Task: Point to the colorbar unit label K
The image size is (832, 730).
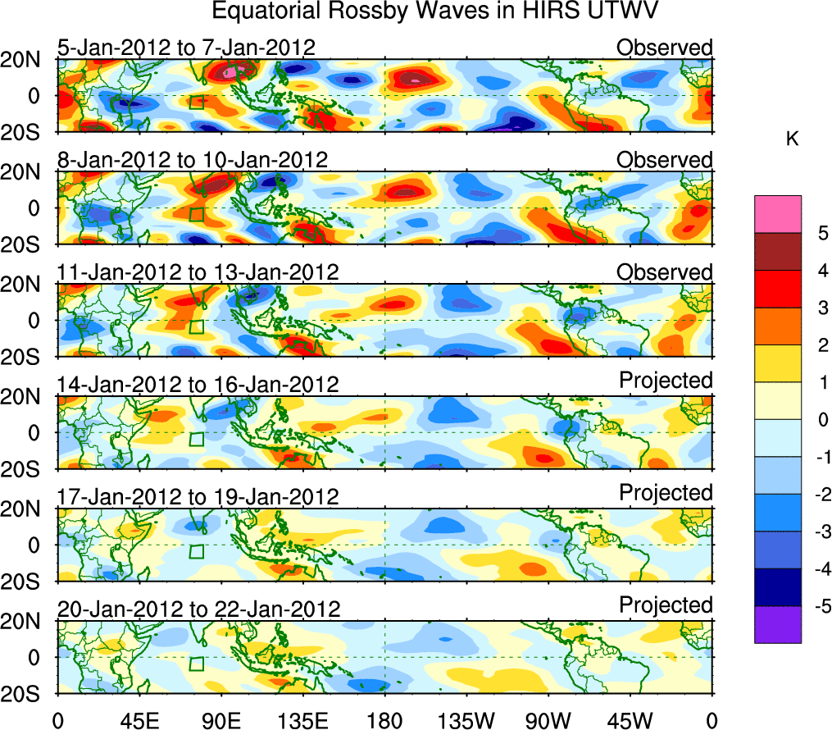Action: click(792, 140)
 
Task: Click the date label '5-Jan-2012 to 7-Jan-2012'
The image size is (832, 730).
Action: click(185, 48)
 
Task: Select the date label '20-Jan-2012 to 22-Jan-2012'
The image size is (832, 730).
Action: click(198, 609)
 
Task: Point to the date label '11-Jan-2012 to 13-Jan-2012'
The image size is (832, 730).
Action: click(198, 272)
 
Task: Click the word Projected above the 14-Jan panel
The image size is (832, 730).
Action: click(666, 380)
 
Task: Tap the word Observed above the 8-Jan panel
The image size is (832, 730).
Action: click(665, 160)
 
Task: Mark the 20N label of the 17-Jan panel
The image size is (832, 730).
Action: click(27, 509)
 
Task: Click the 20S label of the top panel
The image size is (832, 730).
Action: click(27, 133)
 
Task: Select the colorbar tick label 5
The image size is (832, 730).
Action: click(816, 233)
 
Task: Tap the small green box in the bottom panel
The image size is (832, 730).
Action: click(196, 664)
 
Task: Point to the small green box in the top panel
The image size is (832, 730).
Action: click(196, 102)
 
